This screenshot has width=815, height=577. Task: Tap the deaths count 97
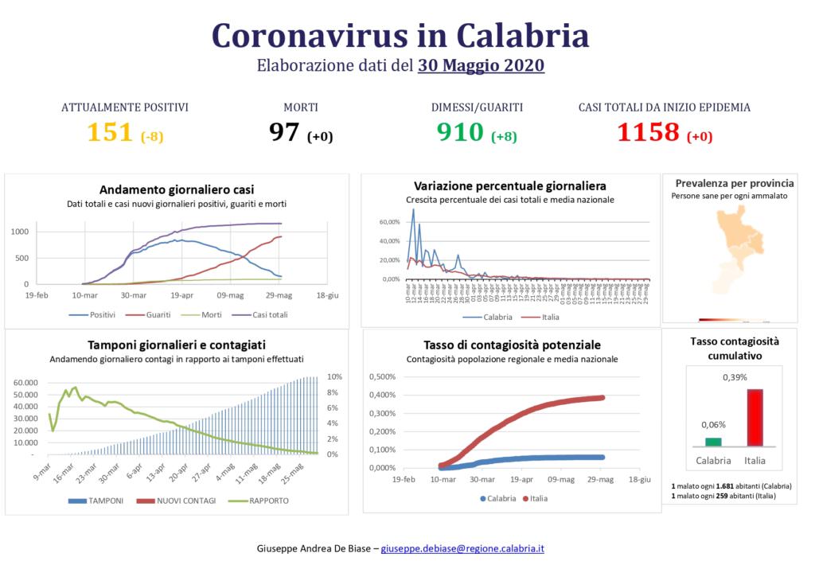point(284,132)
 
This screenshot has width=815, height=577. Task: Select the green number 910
point(461,132)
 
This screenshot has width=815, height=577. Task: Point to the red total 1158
point(649,132)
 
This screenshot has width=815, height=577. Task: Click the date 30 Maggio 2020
point(481,65)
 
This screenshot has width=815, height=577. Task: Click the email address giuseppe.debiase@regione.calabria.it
point(462,549)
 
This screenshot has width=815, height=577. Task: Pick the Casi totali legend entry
point(263,314)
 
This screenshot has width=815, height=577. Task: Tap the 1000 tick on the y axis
point(20,232)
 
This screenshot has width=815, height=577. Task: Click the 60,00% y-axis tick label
point(389,222)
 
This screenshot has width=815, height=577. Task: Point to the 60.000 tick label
point(25,383)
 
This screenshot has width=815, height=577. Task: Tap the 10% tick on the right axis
point(335,377)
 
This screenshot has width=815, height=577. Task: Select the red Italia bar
point(754,418)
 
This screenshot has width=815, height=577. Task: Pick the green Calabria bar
point(713,442)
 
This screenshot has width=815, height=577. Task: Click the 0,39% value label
point(735,377)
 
